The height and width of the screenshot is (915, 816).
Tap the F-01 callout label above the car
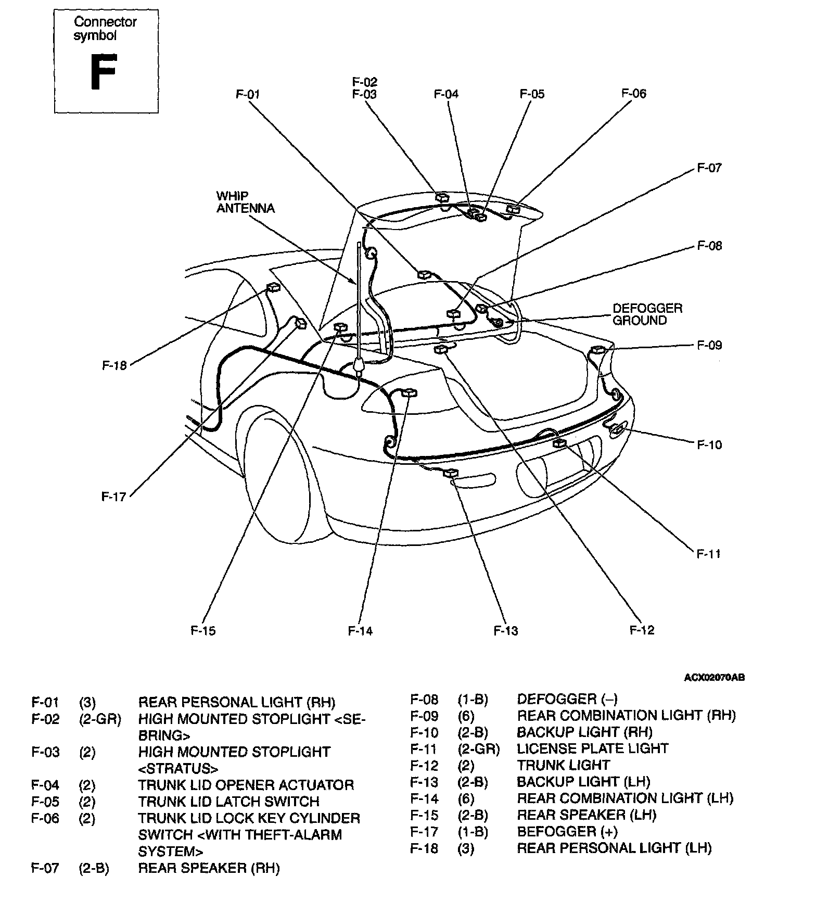click(248, 95)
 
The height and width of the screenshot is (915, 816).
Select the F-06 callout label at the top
click(633, 94)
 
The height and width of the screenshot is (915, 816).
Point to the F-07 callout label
click(709, 168)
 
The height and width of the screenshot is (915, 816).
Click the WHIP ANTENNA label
click(245, 202)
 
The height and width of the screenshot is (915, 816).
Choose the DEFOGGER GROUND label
click(647, 314)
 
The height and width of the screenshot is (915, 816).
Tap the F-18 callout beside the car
click(114, 365)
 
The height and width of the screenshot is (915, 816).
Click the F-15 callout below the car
click(203, 631)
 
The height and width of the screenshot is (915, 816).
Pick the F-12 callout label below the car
click(642, 630)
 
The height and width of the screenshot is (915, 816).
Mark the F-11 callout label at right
click(709, 554)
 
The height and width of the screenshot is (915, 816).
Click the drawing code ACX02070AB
click(714, 678)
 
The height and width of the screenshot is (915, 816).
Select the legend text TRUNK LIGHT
click(563, 765)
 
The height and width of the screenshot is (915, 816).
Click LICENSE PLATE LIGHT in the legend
click(592, 748)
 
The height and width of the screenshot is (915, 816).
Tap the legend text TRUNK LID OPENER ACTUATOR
click(246, 785)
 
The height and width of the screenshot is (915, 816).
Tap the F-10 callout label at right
click(709, 445)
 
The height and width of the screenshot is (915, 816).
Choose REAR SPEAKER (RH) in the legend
click(209, 868)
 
